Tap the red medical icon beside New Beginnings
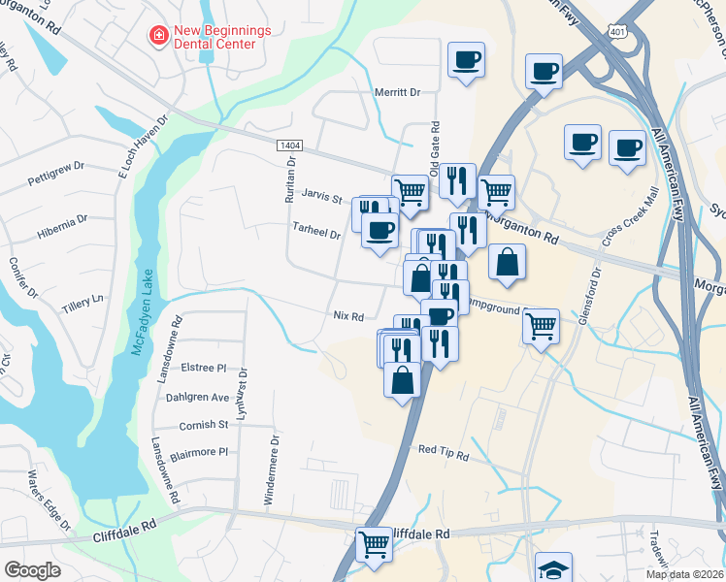pos(156,36)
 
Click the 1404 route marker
pos(289,145)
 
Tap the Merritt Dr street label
pos(397,92)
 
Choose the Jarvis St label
pos(322,199)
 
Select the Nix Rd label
pos(347,316)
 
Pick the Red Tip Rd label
pos(444,452)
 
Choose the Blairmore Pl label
pos(198,451)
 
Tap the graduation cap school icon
pos(553,568)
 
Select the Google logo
pos(32,570)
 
